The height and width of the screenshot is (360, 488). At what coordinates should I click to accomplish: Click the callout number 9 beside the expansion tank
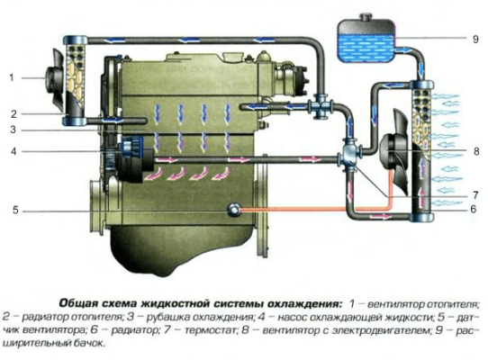475,40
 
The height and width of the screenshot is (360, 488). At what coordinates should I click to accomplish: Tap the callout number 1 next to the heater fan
12,77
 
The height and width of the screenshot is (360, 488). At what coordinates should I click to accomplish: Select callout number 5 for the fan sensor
15,211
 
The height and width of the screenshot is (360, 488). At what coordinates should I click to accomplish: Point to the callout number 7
475,195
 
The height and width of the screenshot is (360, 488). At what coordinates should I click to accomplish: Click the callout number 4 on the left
14,151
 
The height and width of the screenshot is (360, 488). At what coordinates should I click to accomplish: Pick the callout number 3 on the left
13,130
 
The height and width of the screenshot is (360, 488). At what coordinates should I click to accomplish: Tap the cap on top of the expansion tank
366,17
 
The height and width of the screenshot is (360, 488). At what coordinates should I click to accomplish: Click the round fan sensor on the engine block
234,210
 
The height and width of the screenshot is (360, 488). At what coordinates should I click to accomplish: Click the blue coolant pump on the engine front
131,148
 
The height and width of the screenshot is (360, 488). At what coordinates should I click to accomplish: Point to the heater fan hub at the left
50,77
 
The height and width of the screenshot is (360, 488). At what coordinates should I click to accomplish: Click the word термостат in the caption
209,330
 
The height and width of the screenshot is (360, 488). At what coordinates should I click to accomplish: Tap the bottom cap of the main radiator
421,217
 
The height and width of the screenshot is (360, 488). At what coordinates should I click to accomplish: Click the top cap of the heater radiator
75,40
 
